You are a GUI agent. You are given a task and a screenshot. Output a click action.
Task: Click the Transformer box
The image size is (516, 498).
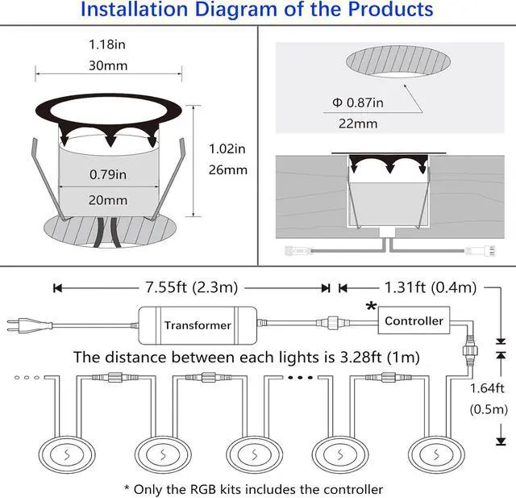(198, 324)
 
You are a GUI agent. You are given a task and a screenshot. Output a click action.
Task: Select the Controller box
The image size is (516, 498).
(414, 321)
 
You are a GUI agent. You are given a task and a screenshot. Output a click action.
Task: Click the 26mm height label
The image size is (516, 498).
(227, 169)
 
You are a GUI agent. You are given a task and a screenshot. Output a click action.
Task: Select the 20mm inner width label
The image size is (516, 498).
(109, 199)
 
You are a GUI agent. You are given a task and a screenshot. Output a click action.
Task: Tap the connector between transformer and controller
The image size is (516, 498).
(330, 322)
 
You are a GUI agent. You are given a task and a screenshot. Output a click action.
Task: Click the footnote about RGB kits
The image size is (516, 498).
(253, 488)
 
